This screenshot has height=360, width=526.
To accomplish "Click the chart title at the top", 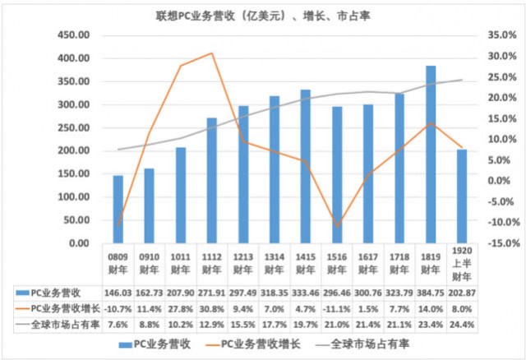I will [263, 15].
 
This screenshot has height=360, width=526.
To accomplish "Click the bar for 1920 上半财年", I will [462, 196].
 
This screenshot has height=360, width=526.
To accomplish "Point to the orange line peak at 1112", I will [212, 53].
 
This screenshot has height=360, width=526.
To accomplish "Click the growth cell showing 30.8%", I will [212, 308].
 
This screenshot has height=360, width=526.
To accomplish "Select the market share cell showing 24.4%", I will [462, 323].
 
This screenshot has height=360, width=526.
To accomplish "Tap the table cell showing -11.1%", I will [337, 308].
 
